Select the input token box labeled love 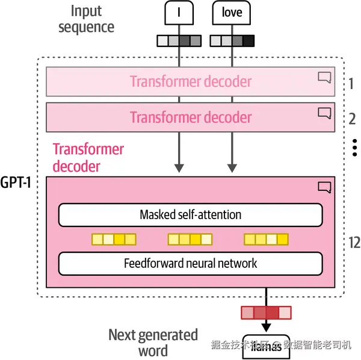click(x=232, y=13)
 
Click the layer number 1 click(x=351, y=83)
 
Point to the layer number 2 click(x=352, y=118)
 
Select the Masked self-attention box click(x=190, y=215)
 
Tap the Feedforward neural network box click(x=190, y=263)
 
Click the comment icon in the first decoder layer click(x=324, y=77)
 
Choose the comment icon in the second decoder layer click(x=324, y=112)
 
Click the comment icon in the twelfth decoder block click(x=324, y=187)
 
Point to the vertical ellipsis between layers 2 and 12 click(x=354, y=147)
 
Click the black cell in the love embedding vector click(x=249, y=41)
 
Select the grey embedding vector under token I click(x=179, y=41)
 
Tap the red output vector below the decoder click(x=266, y=312)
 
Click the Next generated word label click(x=153, y=342)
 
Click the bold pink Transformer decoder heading click(x=88, y=157)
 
